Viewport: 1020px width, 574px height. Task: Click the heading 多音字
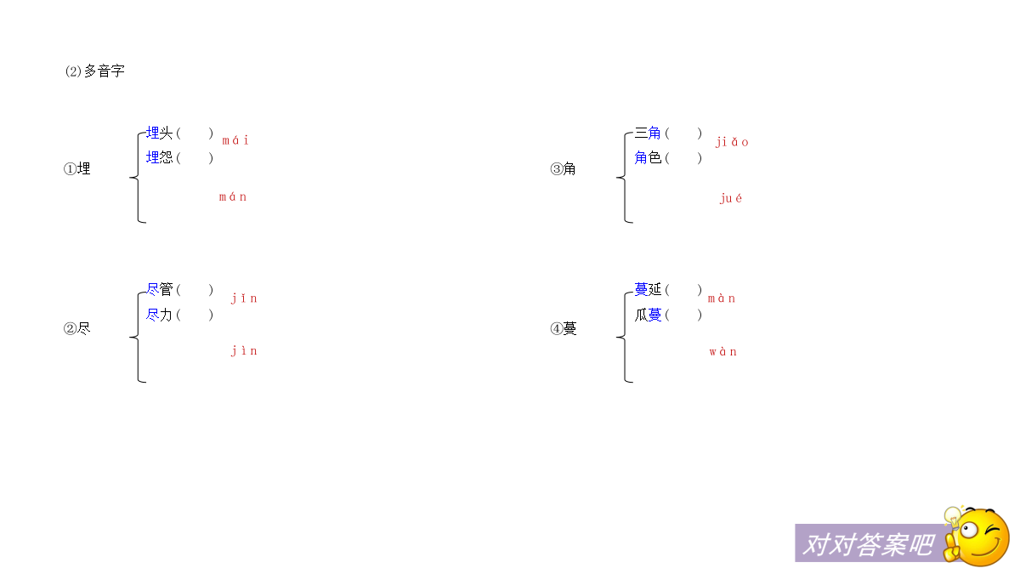pyautogui.click(x=104, y=71)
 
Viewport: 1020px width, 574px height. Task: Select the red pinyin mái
pyautogui.click(x=235, y=140)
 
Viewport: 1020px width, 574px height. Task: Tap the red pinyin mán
pyautogui.click(x=233, y=196)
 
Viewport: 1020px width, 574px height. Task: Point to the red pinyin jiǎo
pyautogui.click(x=732, y=142)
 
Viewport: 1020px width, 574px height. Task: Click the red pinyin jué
pyautogui.click(x=731, y=198)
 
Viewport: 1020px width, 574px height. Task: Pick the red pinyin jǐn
pyautogui.click(x=244, y=298)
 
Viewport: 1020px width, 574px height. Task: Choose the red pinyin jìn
pyautogui.click(x=244, y=350)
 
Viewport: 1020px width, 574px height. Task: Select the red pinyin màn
pyautogui.click(x=722, y=298)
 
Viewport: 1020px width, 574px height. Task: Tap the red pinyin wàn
pyautogui.click(x=723, y=352)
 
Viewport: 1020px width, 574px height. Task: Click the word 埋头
pyautogui.click(x=160, y=133)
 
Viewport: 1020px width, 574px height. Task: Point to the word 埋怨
pyautogui.click(x=160, y=157)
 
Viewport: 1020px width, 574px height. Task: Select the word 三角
pyautogui.click(x=648, y=133)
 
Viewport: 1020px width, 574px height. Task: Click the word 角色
pyautogui.click(x=648, y=157)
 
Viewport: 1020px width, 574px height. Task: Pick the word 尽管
pyautogui.click(x=160, y=289)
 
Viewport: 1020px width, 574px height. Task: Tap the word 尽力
pyautogui.click(x=160, y=315)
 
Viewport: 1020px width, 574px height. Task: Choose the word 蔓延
pyautogui.click(x=648, y=289)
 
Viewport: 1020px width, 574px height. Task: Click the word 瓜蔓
pyautogui.click(x=648, y=315)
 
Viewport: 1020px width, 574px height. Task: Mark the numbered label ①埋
pyautogui.click(x=77, y=169)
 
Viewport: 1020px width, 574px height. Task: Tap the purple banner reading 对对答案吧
pyautogui.click(x=870, y=543)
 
